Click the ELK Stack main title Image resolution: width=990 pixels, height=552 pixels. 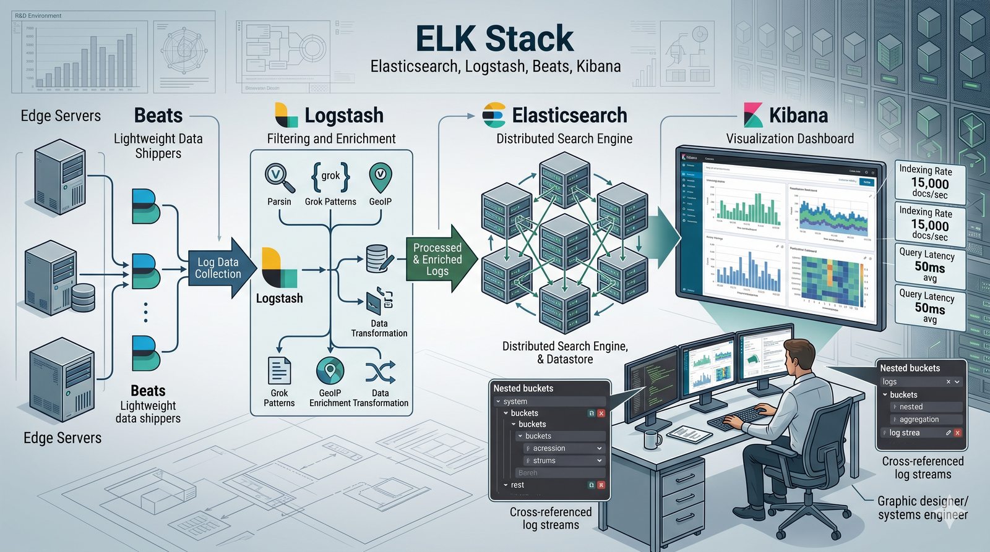click(x=494, y=38)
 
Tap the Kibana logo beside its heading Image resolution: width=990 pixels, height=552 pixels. click(x=753, y=115)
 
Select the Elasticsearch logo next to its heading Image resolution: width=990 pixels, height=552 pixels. click(x=494, y=115)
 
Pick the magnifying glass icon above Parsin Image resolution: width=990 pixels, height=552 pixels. click(x=278, y=177)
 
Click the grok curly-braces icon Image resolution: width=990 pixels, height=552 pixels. click(x=330, y=176)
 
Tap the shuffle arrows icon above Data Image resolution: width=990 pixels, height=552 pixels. click(x=380, y=372)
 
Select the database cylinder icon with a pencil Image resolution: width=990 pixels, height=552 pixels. click(x=379, y=258)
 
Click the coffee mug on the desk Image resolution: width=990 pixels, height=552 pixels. click(x=652, y=439)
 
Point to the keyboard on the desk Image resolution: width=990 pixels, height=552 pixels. click(x=739, y=417)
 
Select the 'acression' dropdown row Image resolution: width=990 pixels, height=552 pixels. click(x=562, y=448)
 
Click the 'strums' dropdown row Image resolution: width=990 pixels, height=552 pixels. click(x=562, y=461)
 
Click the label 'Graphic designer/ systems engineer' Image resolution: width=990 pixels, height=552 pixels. click(x=923, y=507)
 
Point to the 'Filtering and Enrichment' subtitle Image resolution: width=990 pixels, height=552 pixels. click(x=331, y=138)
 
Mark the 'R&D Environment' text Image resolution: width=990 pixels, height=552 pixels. click(x=38, y=15)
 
